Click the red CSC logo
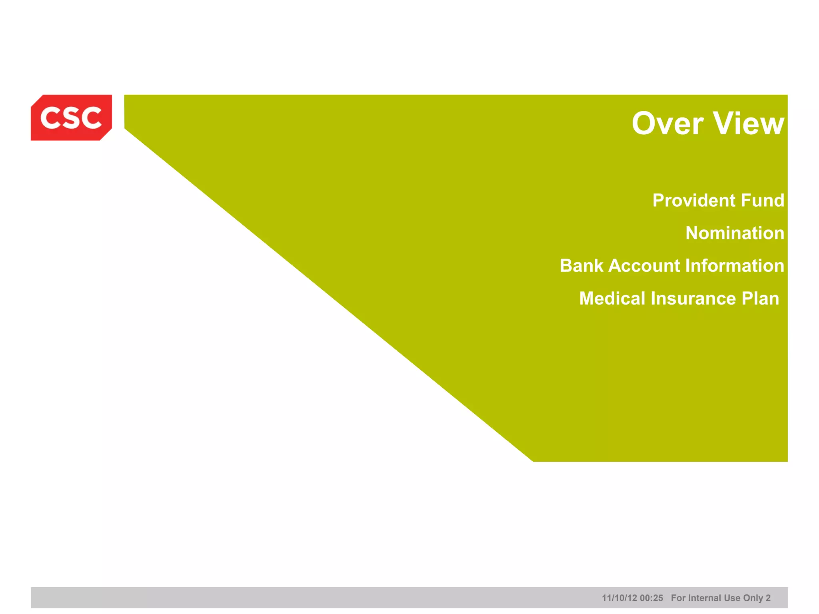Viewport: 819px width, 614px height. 71,118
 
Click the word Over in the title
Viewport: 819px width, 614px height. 667,124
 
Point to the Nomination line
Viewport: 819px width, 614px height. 735,233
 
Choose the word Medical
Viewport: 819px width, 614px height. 612,299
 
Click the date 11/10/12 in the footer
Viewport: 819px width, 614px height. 619,598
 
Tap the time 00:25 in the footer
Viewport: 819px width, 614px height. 651,598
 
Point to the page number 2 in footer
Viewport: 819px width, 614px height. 768,598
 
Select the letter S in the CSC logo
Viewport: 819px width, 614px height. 71,118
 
